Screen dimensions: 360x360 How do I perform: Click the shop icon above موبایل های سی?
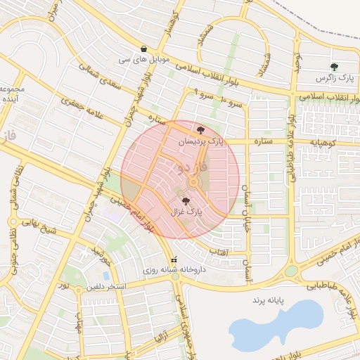click(x=144, y=49)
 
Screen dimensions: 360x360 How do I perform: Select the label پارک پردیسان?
click(x=203, y=141)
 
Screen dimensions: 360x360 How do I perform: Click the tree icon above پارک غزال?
click(x=186, y=201)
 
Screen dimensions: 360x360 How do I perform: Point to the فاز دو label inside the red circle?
click(x=193, y=168)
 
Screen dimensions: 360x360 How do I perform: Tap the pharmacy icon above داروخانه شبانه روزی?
click(x=174, y=259)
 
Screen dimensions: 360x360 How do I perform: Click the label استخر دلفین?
click(x=106, y=287)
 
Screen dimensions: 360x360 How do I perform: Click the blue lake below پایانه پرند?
click(x=274, y=324)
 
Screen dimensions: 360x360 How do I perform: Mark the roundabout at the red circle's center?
click(x=192, y=184)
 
